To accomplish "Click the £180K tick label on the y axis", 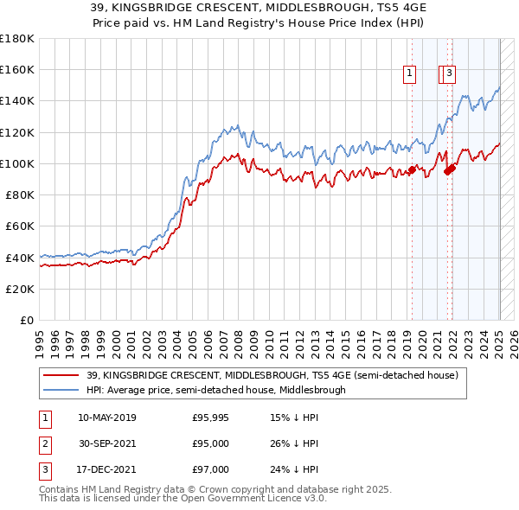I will pos(17,39).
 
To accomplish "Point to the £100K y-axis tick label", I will pos(17,163).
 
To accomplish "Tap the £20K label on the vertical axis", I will pos(20,289).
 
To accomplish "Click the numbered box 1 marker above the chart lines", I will pos(408,74).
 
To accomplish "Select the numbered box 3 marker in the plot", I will pos(451,74).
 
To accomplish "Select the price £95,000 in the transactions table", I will pos(209,444).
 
